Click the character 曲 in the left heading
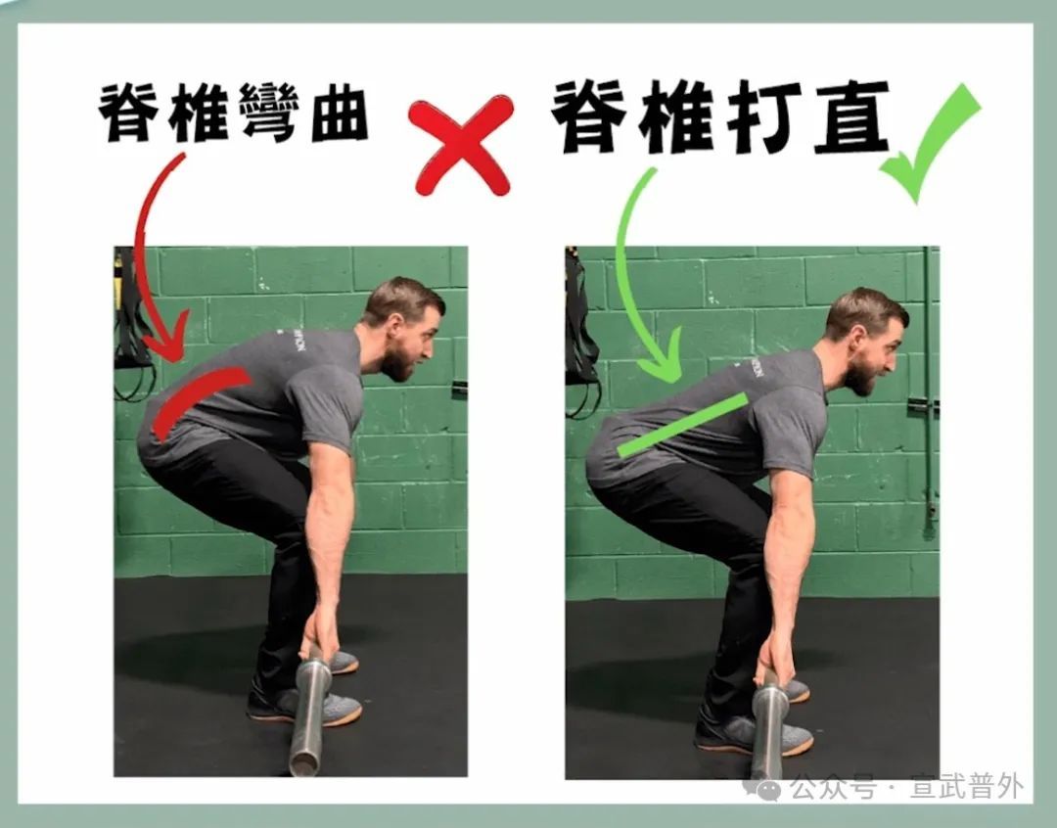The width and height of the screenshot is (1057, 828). coord(332,113)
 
